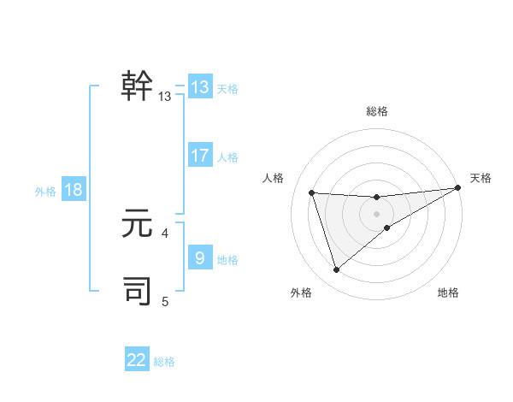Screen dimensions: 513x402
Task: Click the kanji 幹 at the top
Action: click(138, 86)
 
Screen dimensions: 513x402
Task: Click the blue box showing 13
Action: click(200, 87)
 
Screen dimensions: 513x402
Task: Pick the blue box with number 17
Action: click(200, 156)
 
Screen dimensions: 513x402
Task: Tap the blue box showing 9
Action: click(200, 257)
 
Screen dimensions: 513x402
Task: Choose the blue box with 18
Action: click(74, 190)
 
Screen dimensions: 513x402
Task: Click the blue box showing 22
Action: click(137, 360)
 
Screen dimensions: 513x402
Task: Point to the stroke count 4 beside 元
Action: click(164, 233)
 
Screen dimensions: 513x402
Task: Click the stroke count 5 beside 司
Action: click(164, 301)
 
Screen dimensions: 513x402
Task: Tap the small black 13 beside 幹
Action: click(165, 97)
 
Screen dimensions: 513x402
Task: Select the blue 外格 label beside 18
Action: click(45, 192)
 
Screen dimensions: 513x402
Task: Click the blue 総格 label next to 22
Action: click(164, 362)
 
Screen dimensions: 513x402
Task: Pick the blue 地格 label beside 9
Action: click(227, 259)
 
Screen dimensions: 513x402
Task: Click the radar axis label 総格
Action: click(376, 111)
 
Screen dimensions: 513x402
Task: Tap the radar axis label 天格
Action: click(481, 178)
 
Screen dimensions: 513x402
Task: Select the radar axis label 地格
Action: click(448, 293)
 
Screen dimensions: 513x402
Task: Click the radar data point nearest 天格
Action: click(457, 187)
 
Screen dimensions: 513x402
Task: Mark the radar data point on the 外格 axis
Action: click(336, 270)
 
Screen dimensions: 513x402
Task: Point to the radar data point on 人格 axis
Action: click(312, 192)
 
